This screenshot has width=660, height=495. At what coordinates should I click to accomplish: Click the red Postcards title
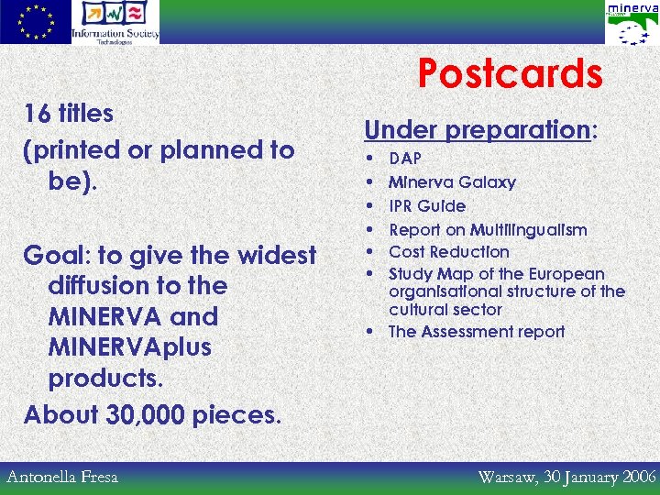(x=510, y=74)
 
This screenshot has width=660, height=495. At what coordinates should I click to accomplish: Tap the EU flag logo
(x=35, y=22)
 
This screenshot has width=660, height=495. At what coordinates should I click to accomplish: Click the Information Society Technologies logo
(x=115, y=22)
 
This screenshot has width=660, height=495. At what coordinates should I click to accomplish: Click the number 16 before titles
(x=37, y=115)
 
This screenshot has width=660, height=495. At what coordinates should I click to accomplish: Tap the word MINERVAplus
(x=129, y=347)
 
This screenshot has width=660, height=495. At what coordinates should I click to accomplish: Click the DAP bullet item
(x=405, y=159)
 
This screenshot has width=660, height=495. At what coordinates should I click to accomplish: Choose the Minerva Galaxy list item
(x=452, y=182)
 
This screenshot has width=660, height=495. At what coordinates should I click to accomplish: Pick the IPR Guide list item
(x=427, y=206)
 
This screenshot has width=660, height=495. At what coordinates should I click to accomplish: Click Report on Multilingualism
(x=488, y=229)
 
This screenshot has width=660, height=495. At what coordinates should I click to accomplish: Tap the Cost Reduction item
(x=448, y=251)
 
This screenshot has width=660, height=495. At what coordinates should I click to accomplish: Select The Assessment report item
(x=477, y=332)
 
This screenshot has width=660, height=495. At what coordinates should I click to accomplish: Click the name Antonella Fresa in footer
(x=62, y=477)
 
